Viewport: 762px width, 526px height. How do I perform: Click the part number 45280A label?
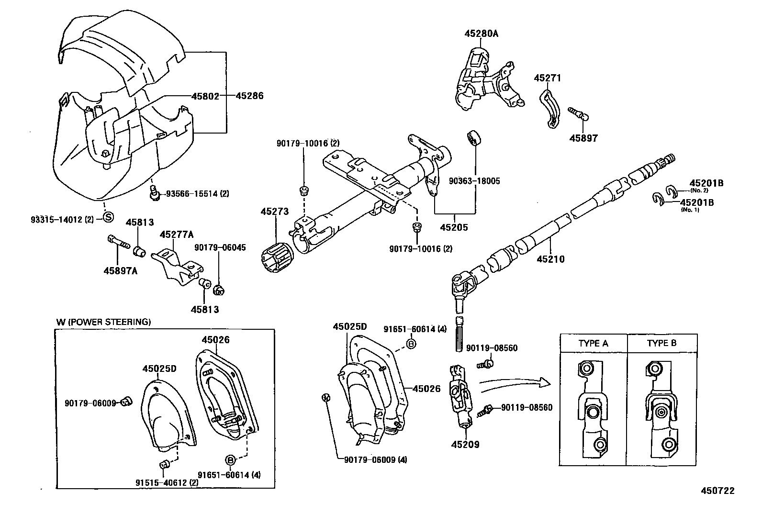pos(482,34)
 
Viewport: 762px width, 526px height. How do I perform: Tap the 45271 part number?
pos(548,78)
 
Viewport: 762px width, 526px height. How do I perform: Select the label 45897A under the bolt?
pos(121,271)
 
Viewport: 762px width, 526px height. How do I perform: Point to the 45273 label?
pos(275,211)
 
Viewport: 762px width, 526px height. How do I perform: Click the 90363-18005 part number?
pos(474,181)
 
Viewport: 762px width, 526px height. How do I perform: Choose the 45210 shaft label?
pos(551,259)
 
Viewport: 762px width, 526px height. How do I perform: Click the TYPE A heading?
pos(593,343)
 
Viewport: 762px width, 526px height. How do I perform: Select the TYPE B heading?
pos(661,343)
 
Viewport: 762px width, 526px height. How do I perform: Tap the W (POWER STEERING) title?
pos(103,322)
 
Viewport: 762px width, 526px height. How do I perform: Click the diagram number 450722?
pos(718,491)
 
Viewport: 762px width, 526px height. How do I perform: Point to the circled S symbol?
pos(108,217)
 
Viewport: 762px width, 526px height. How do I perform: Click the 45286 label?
pos(250,96)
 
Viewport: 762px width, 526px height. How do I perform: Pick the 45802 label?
pos(205,96)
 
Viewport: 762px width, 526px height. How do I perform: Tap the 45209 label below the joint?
pos(465,444)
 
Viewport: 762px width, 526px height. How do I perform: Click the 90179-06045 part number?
pos(220,247)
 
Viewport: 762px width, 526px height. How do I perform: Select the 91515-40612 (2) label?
pos(167,482)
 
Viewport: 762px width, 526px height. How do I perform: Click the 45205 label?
pos(454,227)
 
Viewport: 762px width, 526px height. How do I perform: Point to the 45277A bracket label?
pos(177,235)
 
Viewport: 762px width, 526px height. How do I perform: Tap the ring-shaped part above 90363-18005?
pos(474,137)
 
